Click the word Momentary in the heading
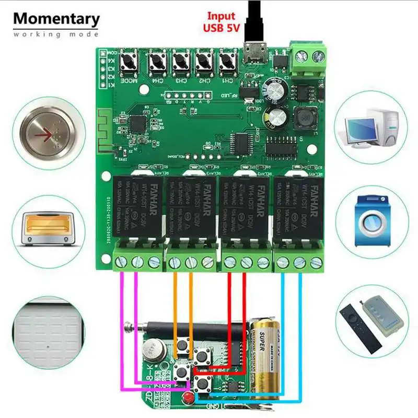56,18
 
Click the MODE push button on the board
127,63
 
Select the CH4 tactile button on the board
156,63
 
